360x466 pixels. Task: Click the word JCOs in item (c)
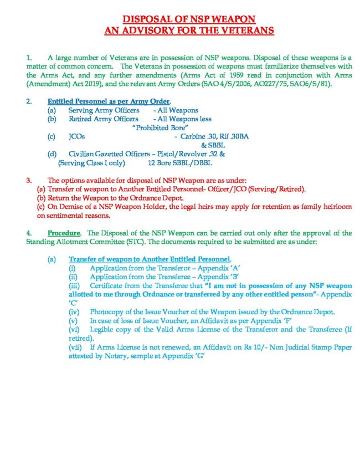click(77, 136)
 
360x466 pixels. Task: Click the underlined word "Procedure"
click(64, 233)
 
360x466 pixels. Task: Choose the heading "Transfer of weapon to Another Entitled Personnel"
click(150, 259)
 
